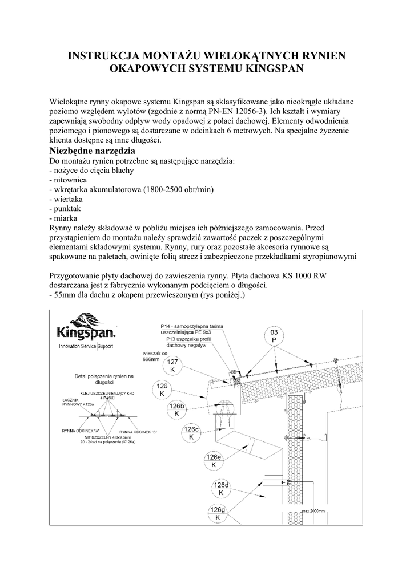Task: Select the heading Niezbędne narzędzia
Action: pos(93,151)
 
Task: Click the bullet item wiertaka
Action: pos(68,199)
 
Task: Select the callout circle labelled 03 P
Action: pos(274,336)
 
